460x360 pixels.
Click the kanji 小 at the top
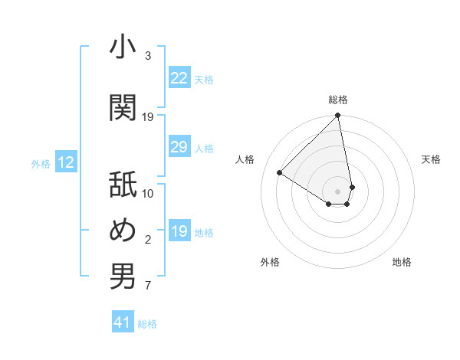point(123,47)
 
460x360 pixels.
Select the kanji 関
point(123,107)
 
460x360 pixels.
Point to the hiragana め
point(123,231)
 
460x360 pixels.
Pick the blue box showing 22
point(179,78)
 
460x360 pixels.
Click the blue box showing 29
point(179,147)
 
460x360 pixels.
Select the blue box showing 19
point(179,231)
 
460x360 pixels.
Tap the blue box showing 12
point(66,162)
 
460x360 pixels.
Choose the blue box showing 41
point(123,323)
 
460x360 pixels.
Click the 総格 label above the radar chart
point(338,100)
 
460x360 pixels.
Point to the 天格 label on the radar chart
point(432,159)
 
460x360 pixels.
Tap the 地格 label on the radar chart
point(402,262)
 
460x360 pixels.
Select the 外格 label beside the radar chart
point(270,262)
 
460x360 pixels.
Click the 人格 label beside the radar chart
point(245,159)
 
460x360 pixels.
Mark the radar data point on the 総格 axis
point(338,116)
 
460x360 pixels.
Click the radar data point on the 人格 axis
point(280,172)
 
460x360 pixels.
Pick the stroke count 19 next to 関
point(148,116)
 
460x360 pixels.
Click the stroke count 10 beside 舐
point(148,193)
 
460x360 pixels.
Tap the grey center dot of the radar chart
point(338,191)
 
